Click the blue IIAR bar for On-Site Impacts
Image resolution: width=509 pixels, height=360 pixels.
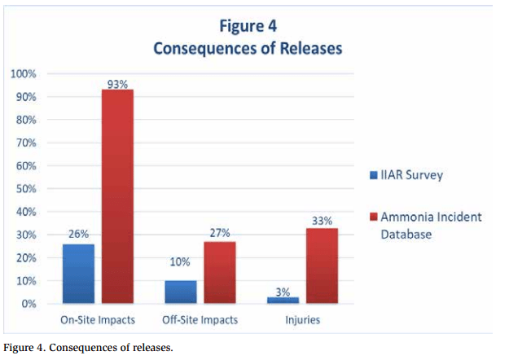(78, 274)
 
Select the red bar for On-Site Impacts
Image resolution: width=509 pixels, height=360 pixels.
(117, 196)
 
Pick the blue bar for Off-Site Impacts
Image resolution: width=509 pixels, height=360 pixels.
(181, 292)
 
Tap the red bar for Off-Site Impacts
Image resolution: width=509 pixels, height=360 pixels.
(219, 272)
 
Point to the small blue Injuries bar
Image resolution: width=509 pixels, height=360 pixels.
(282, 300)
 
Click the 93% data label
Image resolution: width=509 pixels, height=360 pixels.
(118, 83)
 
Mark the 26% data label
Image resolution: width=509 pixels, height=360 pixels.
(78, 235)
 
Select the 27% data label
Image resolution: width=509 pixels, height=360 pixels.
(220, 234)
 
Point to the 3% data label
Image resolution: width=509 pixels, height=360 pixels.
(282, 291)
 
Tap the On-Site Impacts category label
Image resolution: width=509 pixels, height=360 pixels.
(98, 320)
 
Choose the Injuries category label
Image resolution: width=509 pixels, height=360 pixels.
(301, 320)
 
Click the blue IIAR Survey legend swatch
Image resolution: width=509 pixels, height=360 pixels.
(372, 174)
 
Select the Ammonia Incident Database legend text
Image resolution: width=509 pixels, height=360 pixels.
(431, 225)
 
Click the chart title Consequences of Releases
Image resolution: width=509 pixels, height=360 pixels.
(248, 49)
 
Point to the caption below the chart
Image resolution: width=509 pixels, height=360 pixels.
(88, 349)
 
